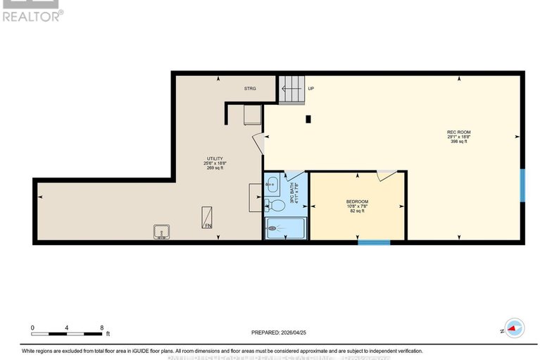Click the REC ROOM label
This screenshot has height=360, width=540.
click(x=458, y=132)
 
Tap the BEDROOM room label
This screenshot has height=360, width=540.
click(x=357, y=202)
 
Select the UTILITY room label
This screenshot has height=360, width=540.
click(x=215, y=159)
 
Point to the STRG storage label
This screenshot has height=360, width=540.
click(x=250, y=89)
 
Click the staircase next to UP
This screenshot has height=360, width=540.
click(x=291, y=89)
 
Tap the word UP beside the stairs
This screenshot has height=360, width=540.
click(x=310, y=89)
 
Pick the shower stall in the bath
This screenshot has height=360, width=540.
click(x=285, y=228)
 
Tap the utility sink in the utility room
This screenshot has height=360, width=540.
click(x=161, y=231)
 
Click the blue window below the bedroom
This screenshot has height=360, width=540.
click(x=374, y=243)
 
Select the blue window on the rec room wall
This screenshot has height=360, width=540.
click(x=522, y=185)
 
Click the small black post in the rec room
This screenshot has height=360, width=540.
click(x=308, y=119)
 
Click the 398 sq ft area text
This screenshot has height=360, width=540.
click(x=459, y=142)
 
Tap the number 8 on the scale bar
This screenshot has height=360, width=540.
click(x=102, y=328)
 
